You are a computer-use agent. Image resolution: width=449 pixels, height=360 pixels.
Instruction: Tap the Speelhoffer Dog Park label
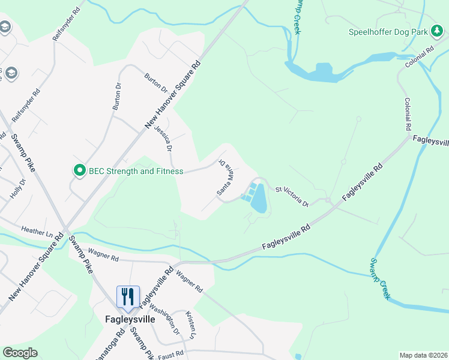point(389,32)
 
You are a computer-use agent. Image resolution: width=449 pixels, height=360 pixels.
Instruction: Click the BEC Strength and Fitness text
point(136,171)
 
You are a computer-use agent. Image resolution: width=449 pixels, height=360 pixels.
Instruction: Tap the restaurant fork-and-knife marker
point(128,296)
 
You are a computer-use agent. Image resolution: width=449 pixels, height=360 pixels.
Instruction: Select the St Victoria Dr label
point(292,197)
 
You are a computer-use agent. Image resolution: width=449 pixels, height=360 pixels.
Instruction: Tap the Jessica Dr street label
point(163,138)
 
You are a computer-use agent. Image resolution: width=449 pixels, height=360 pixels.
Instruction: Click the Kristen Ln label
point(191,323)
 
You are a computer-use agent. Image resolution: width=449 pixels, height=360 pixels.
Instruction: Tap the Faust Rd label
point(172,355)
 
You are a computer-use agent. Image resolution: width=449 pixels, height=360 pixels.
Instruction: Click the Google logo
point(20,353)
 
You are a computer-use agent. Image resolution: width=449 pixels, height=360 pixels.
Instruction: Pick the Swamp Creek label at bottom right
point(380,278)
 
